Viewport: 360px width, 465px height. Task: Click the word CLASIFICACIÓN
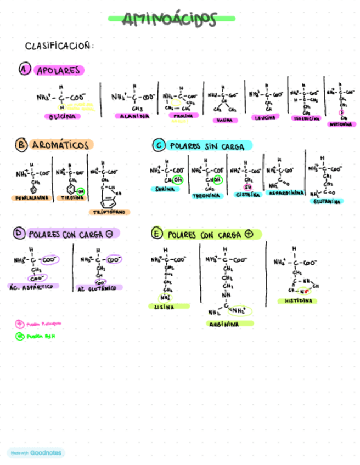pos(59,46)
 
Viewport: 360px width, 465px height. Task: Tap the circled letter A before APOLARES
pos(24,69)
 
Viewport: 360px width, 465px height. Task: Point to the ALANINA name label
pos(132,116)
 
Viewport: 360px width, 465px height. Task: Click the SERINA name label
pos(165,189)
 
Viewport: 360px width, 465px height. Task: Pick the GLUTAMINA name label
pos(327,201)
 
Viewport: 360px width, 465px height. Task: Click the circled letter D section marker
pos(20,234)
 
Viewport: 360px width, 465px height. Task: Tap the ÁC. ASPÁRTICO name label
pos(34,286)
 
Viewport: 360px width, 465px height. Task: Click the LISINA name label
pos(165,307)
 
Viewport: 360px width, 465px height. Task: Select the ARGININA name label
pos(223,324)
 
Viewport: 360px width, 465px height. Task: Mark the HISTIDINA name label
pos(297,301)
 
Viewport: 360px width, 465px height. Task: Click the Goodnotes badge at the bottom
pos(36,453)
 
